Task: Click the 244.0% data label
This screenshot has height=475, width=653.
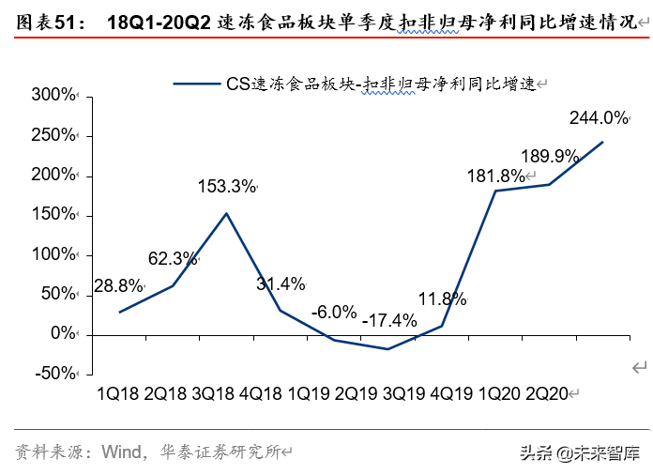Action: pos(598,118)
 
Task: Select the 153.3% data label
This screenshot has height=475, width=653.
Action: pos(226,186)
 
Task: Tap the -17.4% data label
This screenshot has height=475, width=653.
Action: pos(388,320)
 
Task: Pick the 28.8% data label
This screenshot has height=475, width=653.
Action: pos(117,284)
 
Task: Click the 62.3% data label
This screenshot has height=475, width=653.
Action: pos(172,257)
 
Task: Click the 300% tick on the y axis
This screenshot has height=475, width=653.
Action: pos(53,96)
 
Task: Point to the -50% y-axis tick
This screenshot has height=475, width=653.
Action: pos(53,373)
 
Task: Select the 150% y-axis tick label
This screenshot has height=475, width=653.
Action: pos(53,215)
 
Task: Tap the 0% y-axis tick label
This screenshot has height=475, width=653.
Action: pos(63,333)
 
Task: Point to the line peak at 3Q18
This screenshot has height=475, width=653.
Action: pos(226,213)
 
